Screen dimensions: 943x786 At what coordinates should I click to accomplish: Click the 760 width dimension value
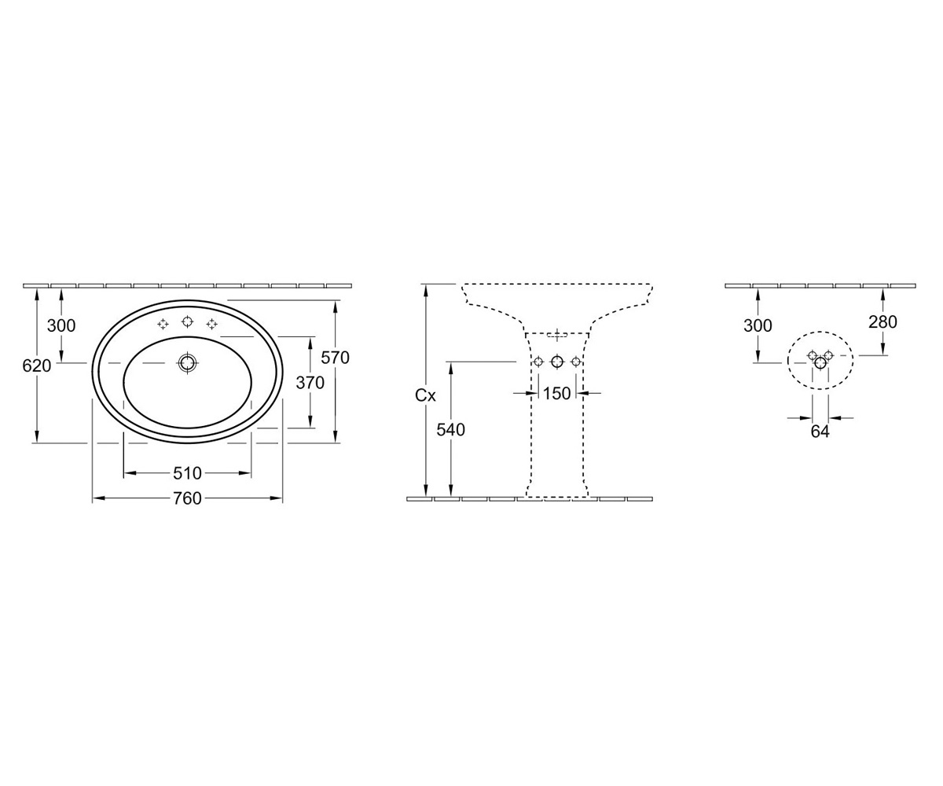pos(187,498)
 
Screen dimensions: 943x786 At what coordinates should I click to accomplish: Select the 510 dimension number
pos(187,473)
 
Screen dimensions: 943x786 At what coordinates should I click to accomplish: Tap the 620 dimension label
pos(37,366)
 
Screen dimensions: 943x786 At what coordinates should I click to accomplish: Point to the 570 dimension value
pos(335,358)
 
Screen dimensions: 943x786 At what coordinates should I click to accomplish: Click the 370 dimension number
pos(310,383)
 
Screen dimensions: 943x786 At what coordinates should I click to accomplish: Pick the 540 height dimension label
pos(451,430)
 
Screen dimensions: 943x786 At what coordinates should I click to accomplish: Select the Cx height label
pos(425,395)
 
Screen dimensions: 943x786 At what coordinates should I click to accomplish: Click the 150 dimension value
pos(556,394)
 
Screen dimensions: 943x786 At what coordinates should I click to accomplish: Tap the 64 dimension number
pos(820,432)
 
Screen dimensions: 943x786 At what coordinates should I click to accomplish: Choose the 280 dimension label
pos(882,322)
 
